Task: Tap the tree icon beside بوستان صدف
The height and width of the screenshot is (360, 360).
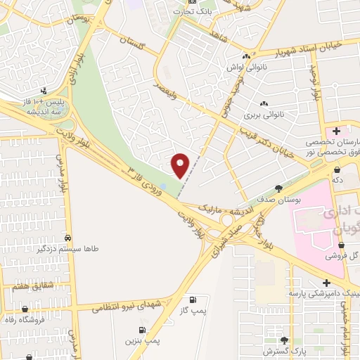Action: [278, 188]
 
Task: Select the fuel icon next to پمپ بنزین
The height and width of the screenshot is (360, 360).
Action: [142, 330]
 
